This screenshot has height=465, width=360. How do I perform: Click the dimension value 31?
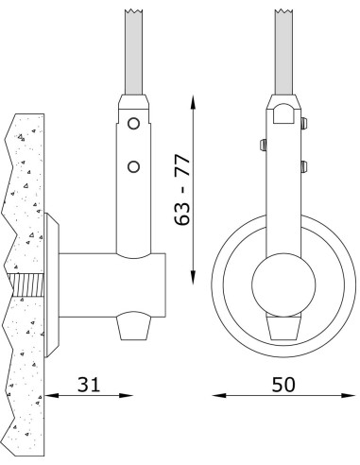pos(88,385)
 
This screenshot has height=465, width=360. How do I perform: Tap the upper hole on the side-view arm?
pos(134,124)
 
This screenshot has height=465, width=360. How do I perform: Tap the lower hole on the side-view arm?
pos(134,166)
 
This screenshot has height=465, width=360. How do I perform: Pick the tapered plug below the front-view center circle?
pos(282,327)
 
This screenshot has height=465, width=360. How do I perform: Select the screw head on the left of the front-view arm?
pos(262,144)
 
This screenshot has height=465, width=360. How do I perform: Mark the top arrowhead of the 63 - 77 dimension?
pos(195,98)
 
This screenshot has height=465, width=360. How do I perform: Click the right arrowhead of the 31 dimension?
pos(125,396)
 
